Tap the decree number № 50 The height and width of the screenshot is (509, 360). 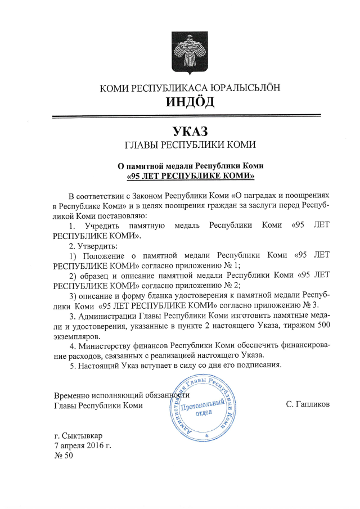(x=63, y=456)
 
